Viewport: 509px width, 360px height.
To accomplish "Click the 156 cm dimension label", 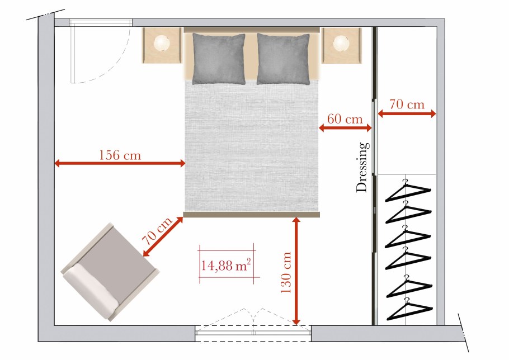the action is click(120, 155).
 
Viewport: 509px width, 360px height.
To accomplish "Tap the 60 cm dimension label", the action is click(345, 119).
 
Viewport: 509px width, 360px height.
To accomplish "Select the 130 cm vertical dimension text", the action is click(286, 272).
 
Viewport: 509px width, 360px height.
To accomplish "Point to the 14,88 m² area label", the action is click(226, 266).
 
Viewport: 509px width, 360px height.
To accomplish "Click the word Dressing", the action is click(362, 167).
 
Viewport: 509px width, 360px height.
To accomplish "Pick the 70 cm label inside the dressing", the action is click(407, 104).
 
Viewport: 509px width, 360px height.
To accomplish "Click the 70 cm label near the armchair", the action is click(157, 231).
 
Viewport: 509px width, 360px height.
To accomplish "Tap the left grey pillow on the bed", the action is click(219, 59).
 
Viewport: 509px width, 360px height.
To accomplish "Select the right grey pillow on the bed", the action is click(283, 59).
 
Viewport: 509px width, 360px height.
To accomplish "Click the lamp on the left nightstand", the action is click(162, 43).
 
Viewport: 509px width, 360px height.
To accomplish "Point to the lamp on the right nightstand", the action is click(341, 43).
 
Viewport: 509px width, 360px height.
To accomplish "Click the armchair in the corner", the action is click(110, 272).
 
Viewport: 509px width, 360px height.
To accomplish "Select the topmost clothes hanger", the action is click(408, 191).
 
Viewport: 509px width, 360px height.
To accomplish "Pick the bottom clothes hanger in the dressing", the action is click(409, 309).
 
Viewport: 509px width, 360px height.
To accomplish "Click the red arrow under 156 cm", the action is click(120, 163).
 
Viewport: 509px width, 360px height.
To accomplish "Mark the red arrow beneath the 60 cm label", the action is click(345, 128).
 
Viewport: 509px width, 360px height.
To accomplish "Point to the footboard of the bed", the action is click(252, 214).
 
